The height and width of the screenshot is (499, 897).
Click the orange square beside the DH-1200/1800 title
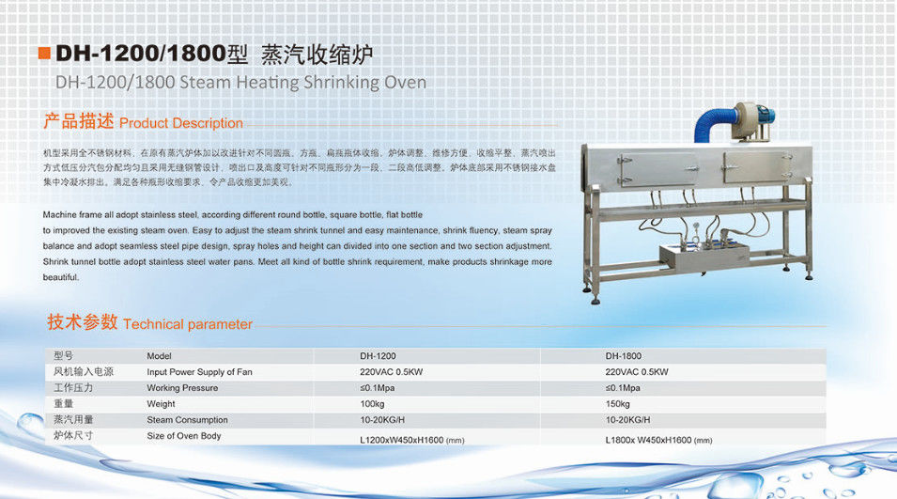[44, 54]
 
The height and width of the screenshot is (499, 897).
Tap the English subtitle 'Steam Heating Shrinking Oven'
[303, 83]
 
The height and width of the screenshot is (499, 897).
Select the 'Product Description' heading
[180, 123]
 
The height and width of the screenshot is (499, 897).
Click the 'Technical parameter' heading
[188, 324]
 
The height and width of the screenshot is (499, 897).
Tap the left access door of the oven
[657, 169]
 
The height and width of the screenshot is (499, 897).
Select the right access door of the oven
[758, 167]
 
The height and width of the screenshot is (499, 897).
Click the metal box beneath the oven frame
[704, 258]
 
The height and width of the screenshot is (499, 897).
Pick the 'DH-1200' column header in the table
[378, 356]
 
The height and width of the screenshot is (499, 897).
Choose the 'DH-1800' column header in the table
[624, 356]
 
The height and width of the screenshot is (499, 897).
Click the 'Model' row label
[159, 356]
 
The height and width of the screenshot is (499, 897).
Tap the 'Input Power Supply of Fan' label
[199, 372]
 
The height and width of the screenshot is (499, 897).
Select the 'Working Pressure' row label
[182, 388]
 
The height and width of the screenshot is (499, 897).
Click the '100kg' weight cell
[372, 404]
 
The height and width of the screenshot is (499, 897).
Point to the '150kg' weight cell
[617, 404]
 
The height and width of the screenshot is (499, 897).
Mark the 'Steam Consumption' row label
[187, 420]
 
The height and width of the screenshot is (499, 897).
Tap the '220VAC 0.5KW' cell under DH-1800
[637, 372]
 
